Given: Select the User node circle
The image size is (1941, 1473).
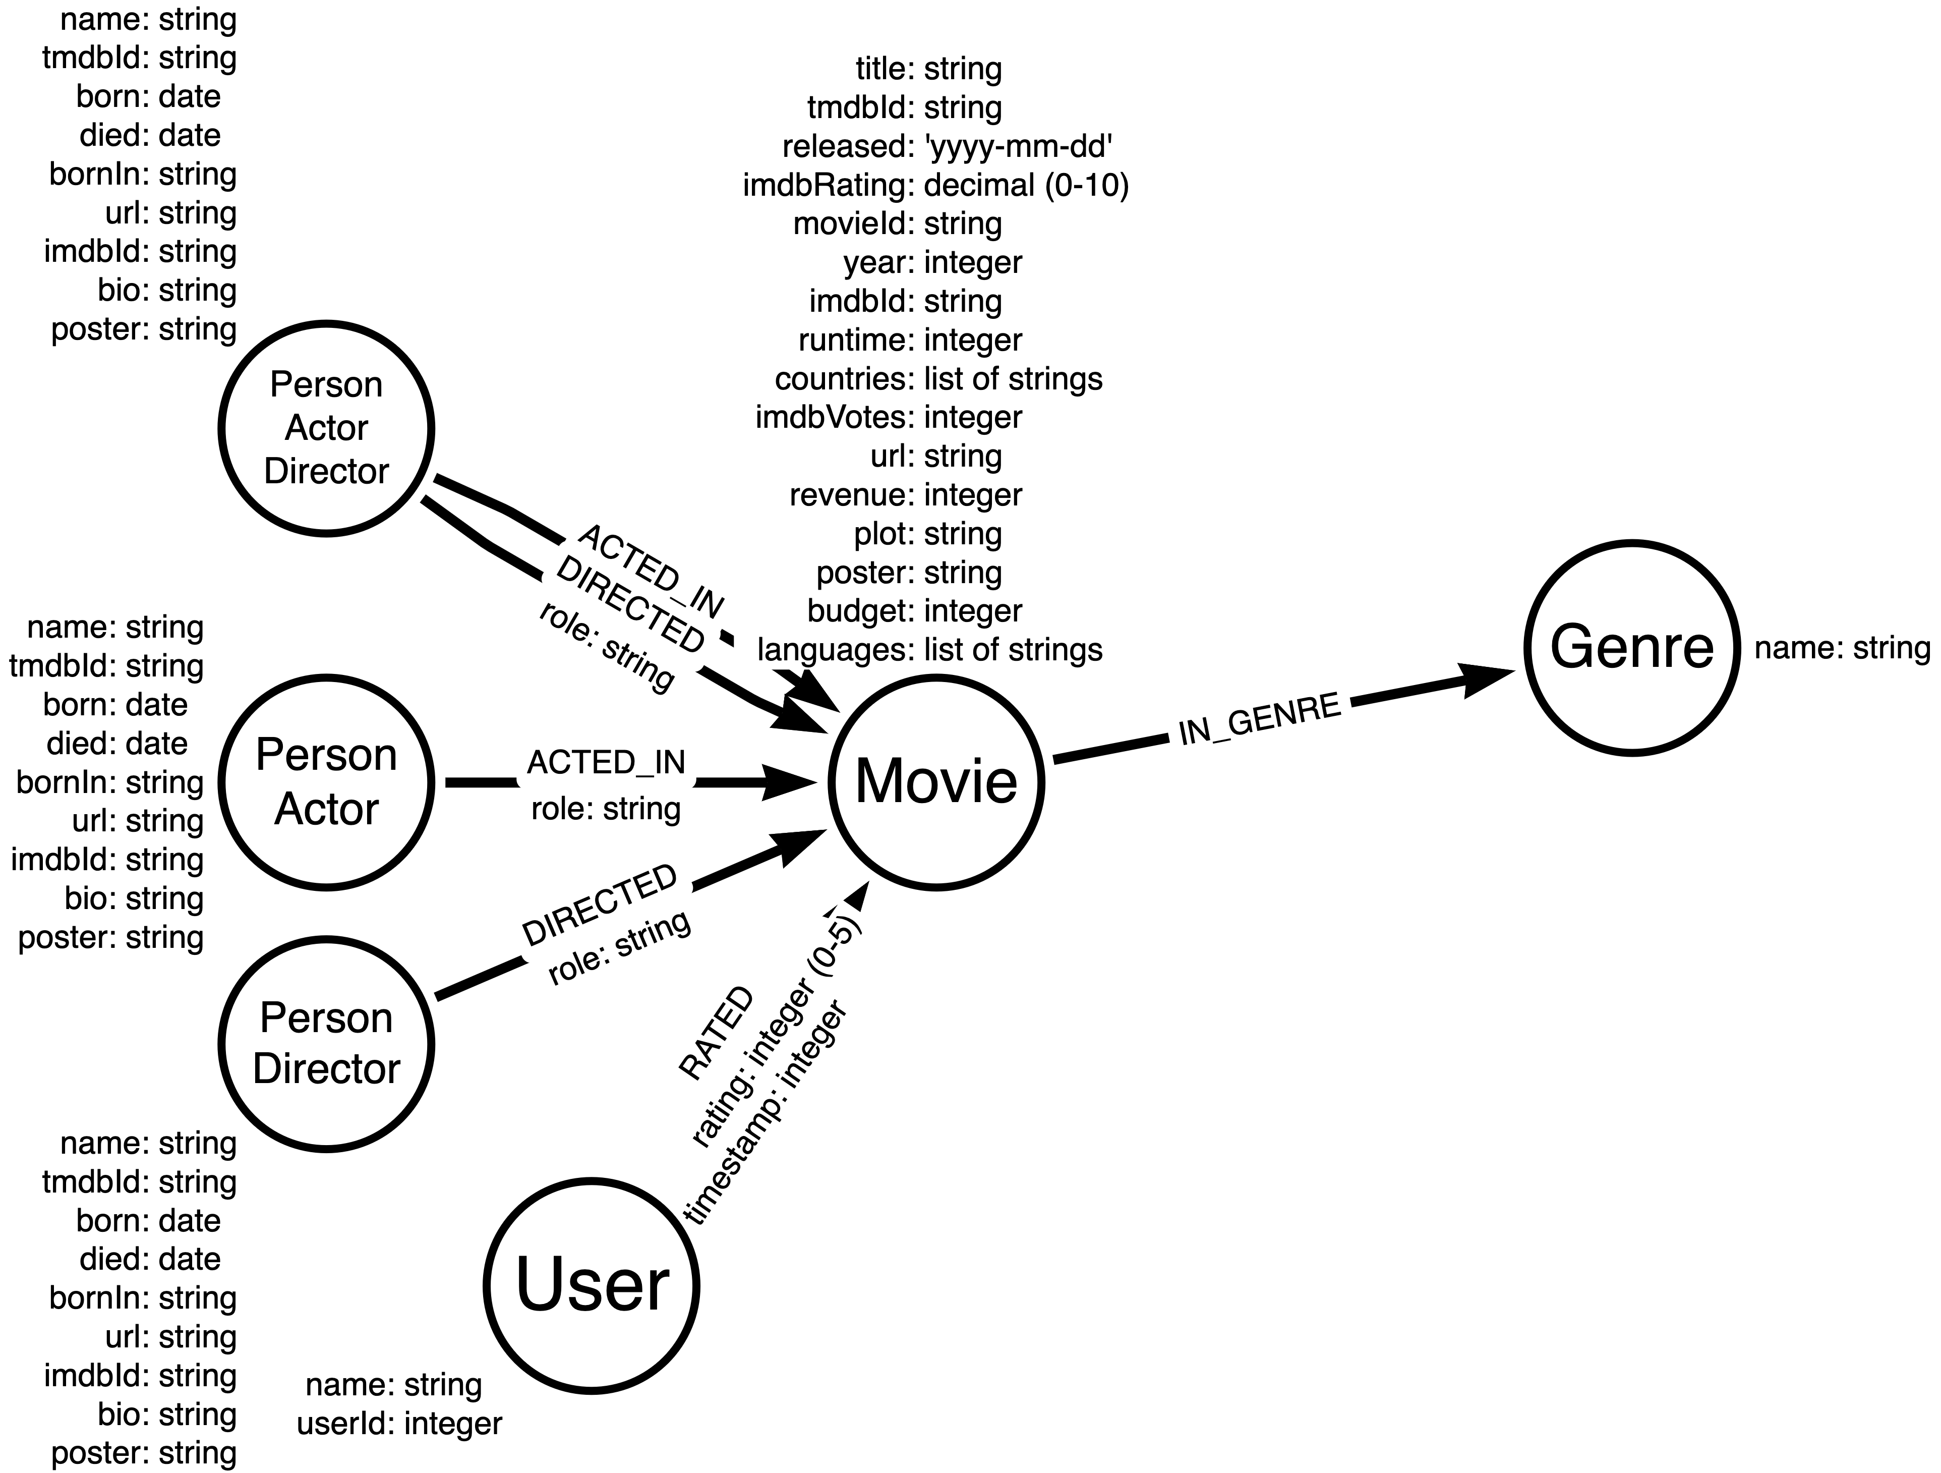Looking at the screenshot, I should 592,1286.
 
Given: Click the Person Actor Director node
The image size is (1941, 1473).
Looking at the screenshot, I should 326,428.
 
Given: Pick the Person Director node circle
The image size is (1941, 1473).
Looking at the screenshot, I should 326,1044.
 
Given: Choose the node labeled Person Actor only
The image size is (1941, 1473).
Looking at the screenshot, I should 326,782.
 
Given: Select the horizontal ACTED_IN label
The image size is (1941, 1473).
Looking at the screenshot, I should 606,762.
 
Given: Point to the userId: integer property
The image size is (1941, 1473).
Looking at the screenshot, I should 399,1423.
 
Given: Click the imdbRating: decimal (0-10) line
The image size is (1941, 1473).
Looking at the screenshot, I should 935,185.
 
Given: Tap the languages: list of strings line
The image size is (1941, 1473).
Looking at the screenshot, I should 930,650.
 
